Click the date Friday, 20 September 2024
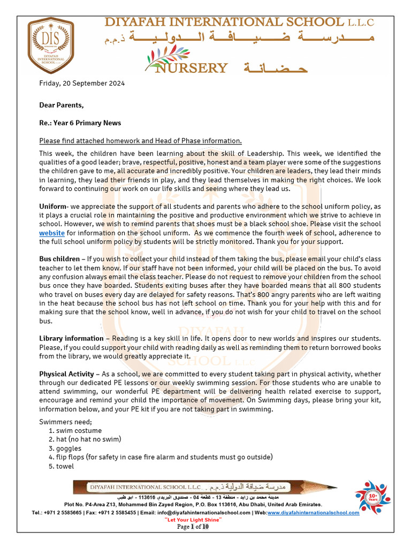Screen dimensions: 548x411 click(82, 83)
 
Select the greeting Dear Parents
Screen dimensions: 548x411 click(61, 105)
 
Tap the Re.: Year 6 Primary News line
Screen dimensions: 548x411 click(80, 123)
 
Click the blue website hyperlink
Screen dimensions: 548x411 click(52, 233)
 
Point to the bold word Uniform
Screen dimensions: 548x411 click(52, 207)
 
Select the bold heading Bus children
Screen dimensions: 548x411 click(59, 260)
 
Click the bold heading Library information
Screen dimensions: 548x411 click(71, 338)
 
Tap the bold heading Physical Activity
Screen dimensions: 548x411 click(66, 374)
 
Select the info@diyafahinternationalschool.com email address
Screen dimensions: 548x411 click(216, 513)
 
